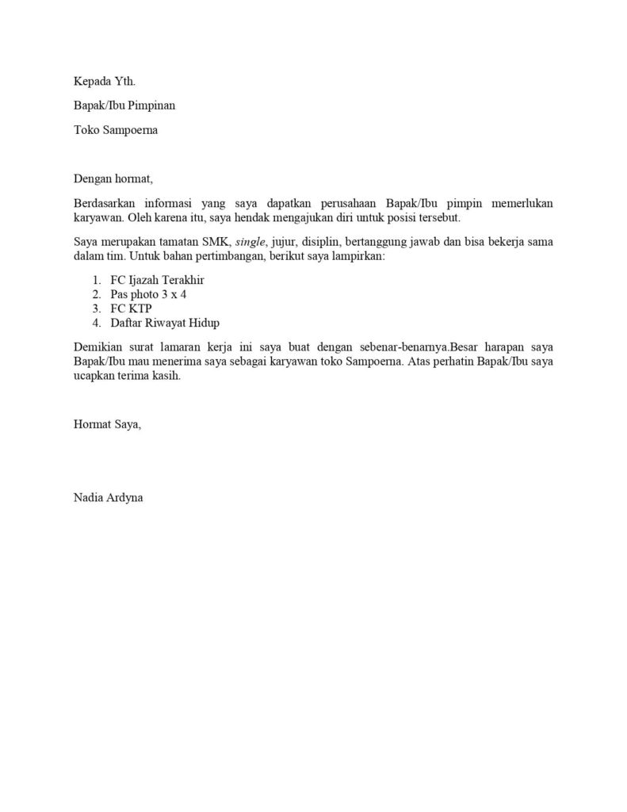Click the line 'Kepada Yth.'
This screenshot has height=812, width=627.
99,81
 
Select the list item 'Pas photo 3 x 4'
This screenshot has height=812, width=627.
149,293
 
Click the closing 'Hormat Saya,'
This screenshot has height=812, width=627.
107,424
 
